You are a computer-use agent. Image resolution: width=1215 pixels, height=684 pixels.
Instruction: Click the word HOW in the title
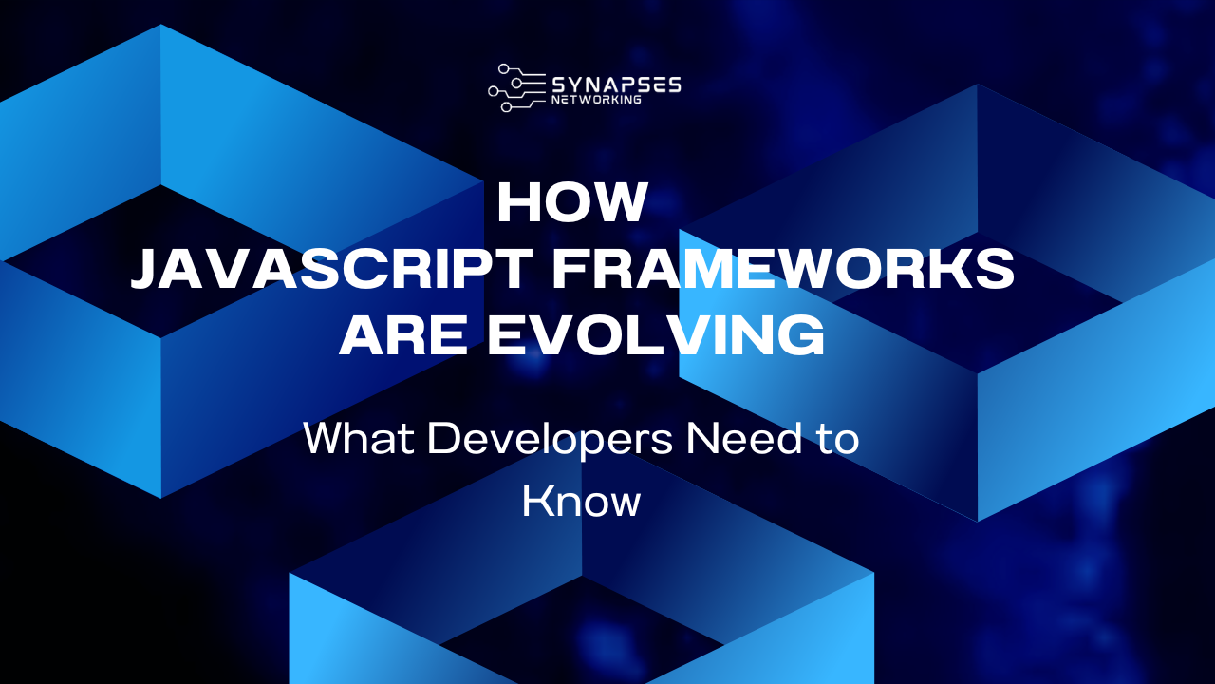point(572,203)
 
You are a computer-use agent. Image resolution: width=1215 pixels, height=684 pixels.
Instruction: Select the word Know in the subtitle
point(582,502)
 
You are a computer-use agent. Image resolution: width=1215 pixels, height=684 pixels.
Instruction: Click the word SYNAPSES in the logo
point(615,84)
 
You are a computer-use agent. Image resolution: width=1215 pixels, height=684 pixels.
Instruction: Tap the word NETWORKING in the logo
point(595,99)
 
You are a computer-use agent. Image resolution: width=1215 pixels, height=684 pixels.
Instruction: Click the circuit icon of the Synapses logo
point(516,87)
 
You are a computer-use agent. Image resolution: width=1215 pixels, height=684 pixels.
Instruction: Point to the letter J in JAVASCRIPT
point(146,271)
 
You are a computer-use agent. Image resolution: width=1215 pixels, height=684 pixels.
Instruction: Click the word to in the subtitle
point(841,440)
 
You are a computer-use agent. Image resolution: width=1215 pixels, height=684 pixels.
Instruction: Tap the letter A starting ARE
point(362,336)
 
